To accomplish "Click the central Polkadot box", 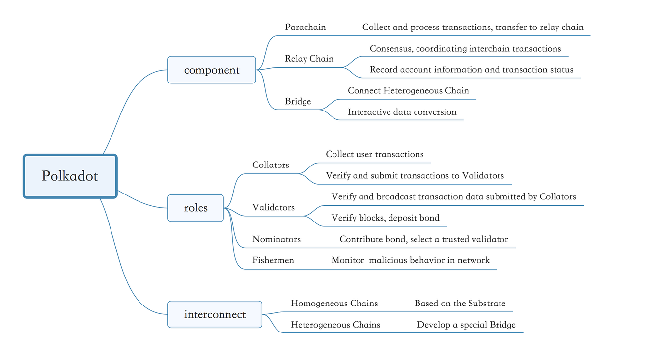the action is (x=70, y=176).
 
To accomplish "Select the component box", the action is (x=212, y=70).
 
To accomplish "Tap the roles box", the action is (x=195, y=208).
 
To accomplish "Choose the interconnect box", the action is (x=215, y=314).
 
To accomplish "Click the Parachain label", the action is (x=305, y=27).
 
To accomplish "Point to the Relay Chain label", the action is (x=309, y=59).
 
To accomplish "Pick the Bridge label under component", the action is (x=298, y=102).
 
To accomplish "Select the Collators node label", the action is (x=271, y=165).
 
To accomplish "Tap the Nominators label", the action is (x=277, y=239).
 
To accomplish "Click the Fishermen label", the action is (x=273, y=260).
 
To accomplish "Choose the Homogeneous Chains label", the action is (x=334, y=304).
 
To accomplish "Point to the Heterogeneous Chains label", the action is (x=335, y=325).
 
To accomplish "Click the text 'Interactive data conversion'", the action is (x=402, y=112).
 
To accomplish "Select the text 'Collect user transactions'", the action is (x=375, y=154).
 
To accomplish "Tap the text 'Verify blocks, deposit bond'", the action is (x=385, y=218).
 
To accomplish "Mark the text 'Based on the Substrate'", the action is (x=460, y=304).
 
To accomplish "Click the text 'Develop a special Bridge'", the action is (x=466, y=325).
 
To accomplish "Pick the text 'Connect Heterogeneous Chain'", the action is (x=408, y=91).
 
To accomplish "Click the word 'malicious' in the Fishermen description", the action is (x=389, y=260).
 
